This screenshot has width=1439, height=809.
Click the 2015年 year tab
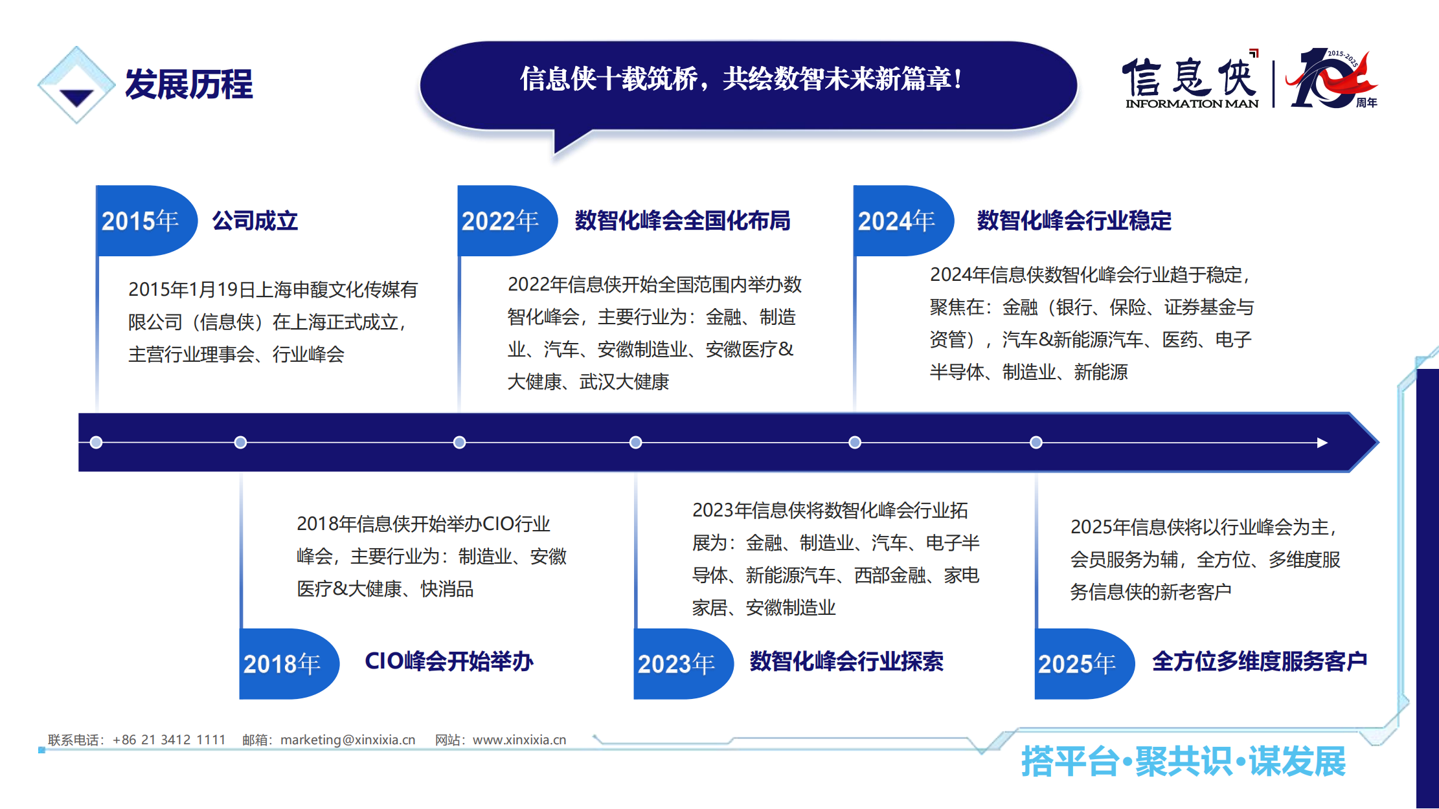[146, 221]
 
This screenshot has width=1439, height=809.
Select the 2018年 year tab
[289, 663]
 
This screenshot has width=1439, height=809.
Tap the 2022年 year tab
[508, 221]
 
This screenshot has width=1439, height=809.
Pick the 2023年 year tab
[683, 663]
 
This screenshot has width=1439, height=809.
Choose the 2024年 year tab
[903, 221]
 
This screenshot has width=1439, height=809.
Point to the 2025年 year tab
[1085, 663]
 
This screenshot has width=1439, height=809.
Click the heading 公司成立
[255, 221]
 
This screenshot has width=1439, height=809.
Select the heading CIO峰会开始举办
[449, 661]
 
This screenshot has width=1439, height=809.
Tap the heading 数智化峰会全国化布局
[683, 221]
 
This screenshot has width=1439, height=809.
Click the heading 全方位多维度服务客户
[1260, 661]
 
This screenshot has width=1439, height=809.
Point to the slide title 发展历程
[188, 84]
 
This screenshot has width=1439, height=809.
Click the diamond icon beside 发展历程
[76, 85]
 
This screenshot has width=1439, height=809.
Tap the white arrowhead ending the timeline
[1322, 443]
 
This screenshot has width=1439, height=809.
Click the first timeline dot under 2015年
[96, 443]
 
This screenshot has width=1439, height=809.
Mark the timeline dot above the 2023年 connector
[636, 443]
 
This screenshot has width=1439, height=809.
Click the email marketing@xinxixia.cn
[348, 740]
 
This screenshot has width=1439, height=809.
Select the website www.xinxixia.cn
[519, 740]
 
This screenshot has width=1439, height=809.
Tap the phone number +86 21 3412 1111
[169, 740]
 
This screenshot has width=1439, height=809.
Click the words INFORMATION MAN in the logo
[1192, 104]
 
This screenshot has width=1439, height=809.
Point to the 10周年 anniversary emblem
[1331, 79]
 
